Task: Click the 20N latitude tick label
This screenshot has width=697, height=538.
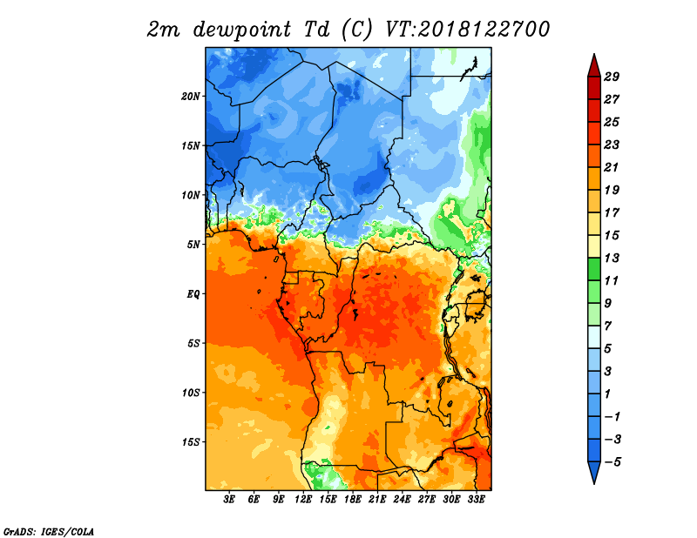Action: pyautogui.click(x=190, y=97)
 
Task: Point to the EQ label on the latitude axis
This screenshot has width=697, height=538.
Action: pyautogui.click(x=193, y=294)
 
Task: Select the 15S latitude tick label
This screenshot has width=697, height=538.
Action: pyautogui.click(x=190, y=442)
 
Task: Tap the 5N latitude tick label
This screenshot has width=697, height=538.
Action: pyautogui.click(x=193, y=245)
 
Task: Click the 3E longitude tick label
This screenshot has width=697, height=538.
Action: pyautogui.click(x=229, y=499)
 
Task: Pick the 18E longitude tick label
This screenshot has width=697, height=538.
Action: pyautogui.click(x=353, y=499)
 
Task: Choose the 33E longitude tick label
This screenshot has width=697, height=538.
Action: pyautogui.click(x=476, y=499)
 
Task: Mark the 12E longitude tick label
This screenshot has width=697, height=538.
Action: pyautogui.click(x=303, y=499)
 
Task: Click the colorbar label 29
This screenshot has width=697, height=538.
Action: pyautogui.click(x=612, y=77)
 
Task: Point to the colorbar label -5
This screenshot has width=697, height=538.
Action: pyautogui.click(x=612, y=462)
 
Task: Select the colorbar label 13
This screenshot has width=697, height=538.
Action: pyautogui.click(x=612, y=258)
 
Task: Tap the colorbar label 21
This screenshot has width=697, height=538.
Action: pyautogui.click(x=612, y=167)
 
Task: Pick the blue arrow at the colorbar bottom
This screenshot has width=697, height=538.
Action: pyautogui.click(x=594, y=471)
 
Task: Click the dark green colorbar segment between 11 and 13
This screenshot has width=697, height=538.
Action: pyautogui.click(x=594, y=269)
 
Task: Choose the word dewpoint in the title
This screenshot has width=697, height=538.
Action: pyautogui.click(x=242, y=30)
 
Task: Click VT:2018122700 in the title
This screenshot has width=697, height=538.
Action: pyautogui.click(x=467, y=30)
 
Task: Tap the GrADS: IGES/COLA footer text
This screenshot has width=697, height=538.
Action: pyautogui.click(x=49, y=532)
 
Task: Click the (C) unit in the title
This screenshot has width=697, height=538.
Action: pyautogui.click(x=357, y=30)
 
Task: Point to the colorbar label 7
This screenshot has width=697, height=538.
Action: pyautogui.click(x=607, y=326)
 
